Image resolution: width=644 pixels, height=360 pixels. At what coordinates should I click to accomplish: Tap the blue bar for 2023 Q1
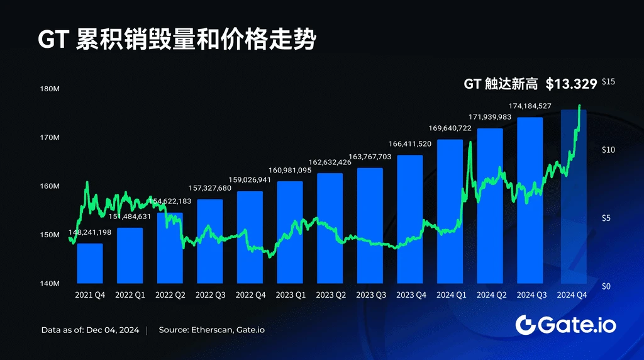(290, 232)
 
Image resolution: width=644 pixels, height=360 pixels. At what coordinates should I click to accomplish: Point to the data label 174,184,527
(530, 106)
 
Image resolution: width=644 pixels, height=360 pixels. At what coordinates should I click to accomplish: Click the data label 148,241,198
(90, 232)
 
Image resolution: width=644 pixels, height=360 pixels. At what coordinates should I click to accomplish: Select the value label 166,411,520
(410, 144)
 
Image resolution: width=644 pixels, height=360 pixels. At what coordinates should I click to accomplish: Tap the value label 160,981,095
(290, 171)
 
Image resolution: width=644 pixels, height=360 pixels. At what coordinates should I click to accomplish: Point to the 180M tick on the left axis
(50, 89)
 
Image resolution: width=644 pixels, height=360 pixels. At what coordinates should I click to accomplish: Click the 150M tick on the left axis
(50, 235)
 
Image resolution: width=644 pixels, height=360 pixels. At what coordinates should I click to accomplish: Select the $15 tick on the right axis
(608, 82)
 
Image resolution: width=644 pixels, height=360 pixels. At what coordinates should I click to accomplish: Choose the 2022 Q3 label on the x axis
(210, 295)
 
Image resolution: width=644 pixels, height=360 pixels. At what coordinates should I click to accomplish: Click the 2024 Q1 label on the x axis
(450, 295)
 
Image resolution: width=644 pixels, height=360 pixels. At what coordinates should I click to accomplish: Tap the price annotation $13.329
(571, 84)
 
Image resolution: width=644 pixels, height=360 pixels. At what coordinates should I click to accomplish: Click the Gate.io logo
(565, 325)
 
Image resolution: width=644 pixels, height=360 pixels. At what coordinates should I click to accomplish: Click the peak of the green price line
(579, 105)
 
